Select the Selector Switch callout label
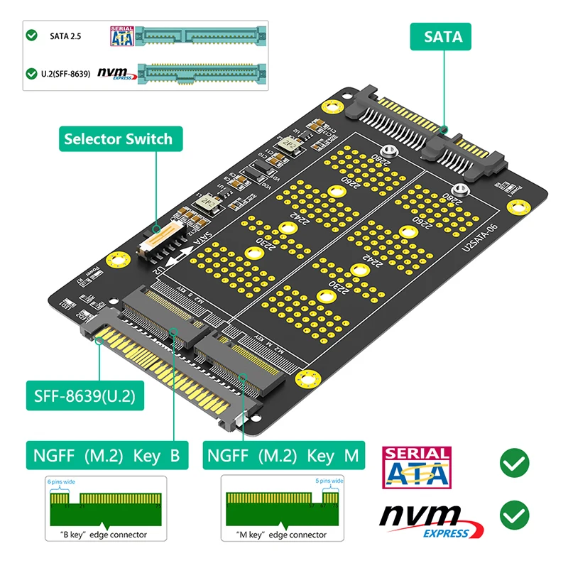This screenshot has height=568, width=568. (118, 138)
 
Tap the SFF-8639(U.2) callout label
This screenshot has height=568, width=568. (84, 395)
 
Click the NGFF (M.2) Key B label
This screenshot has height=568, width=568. (106, 454)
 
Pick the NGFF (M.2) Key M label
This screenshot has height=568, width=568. (283, 454)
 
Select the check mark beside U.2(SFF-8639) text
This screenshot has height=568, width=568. (31, 73)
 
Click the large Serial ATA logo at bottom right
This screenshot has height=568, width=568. (416, 467)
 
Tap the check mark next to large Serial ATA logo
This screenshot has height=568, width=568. (514, 465)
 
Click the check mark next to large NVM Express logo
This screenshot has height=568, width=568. (514, 515)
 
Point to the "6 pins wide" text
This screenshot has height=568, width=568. (61, 482)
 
